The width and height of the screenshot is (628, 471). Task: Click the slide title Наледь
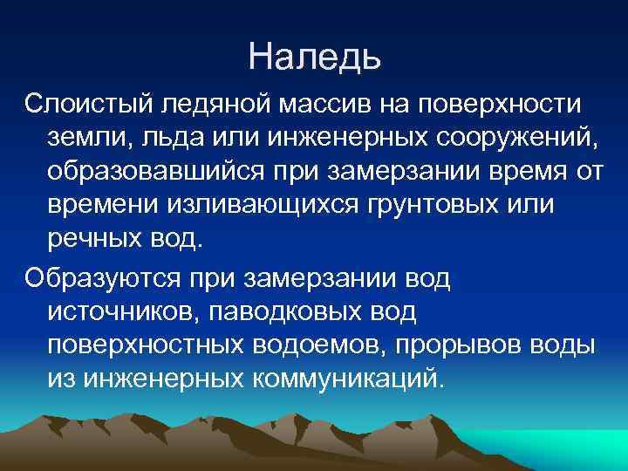click(x=314, y=58)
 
